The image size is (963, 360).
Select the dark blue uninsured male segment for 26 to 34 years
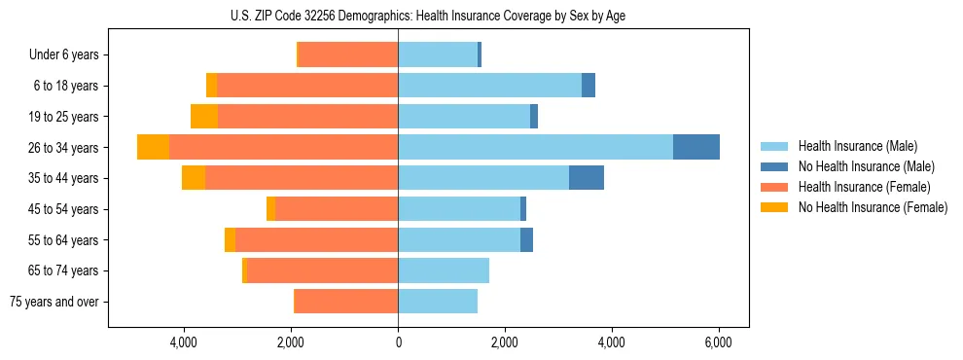coord(696,147)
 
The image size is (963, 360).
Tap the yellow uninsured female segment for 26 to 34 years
coord(153,147)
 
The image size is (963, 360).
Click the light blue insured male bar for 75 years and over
coord(438,302)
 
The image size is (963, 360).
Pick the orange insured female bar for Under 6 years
coord(348,54)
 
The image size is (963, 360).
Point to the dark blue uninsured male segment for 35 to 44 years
coord(587,178)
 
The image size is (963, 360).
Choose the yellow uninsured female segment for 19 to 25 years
coord(204,117)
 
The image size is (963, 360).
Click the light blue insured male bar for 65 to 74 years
coord(444,270)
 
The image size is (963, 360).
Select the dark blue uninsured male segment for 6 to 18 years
coord(588,86)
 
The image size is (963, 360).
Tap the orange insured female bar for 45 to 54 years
coord(337,209)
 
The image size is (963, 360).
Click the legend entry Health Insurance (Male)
coord(857,146)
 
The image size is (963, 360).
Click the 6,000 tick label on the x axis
coord(718,343)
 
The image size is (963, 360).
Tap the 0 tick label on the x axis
coord(398,343)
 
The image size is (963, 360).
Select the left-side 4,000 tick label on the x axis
coord(184,343)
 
